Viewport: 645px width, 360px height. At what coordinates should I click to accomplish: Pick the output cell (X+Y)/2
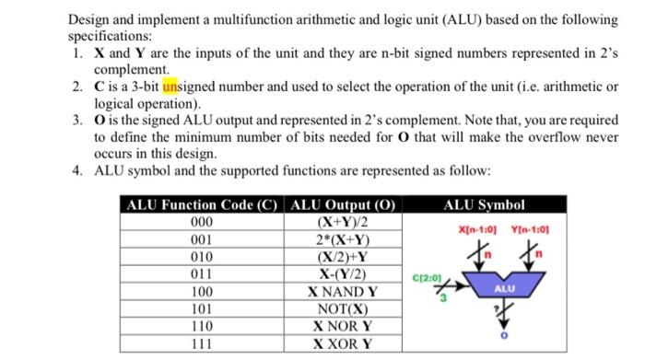click(342, 223)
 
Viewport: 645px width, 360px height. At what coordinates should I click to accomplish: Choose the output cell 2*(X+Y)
click(342, 239)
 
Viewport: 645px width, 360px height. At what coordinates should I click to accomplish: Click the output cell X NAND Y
click(342, 291)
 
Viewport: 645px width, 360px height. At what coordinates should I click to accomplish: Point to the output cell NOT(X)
click(342, 308)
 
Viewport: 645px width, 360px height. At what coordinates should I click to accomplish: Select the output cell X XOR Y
click(342, 343)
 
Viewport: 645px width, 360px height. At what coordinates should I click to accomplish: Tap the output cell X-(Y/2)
click(342, 273)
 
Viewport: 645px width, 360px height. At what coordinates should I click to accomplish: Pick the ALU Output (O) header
click(342, 205)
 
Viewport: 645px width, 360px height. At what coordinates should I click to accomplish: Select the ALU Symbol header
click(484, 205)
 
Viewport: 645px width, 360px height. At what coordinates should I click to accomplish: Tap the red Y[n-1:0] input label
click(529, 227)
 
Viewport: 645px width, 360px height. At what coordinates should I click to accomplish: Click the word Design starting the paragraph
click(91, 19)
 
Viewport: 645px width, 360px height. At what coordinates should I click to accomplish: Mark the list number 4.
click(76, 170)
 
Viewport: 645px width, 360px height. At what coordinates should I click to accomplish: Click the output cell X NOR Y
click(342, 326)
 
